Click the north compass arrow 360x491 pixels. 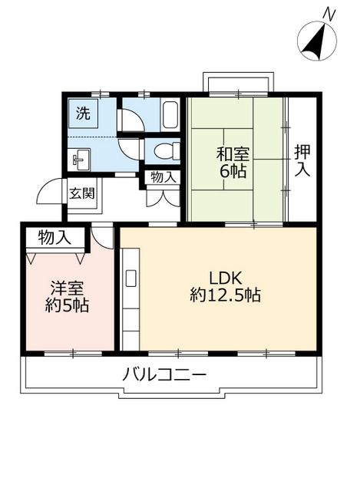coord(315,42)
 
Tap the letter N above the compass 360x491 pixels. coord(329,14)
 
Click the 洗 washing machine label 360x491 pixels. coord(82,114)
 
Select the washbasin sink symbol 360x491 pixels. coord(80,160)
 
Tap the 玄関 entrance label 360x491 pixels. coord(81,193)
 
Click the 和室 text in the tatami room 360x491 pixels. coord(232,153)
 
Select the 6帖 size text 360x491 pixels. coord(233,171)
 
